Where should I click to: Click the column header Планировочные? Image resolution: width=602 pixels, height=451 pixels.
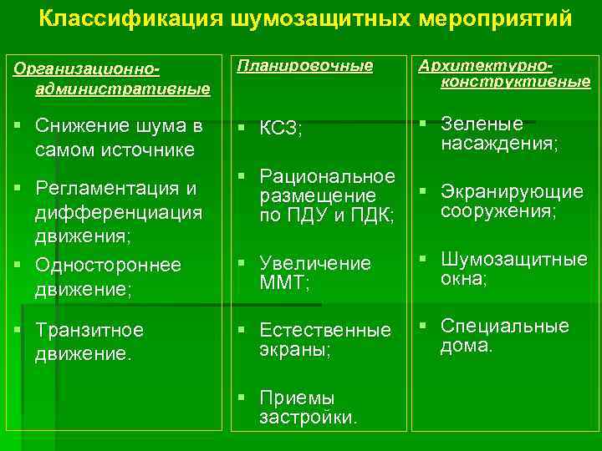pos(305,64)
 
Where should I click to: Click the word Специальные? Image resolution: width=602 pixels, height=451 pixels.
pos(504,326)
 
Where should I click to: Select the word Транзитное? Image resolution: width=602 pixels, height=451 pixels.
pos(89,330)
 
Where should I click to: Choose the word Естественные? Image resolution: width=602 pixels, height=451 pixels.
pos(325,330)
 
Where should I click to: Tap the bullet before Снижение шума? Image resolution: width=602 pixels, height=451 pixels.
pos(18,124)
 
